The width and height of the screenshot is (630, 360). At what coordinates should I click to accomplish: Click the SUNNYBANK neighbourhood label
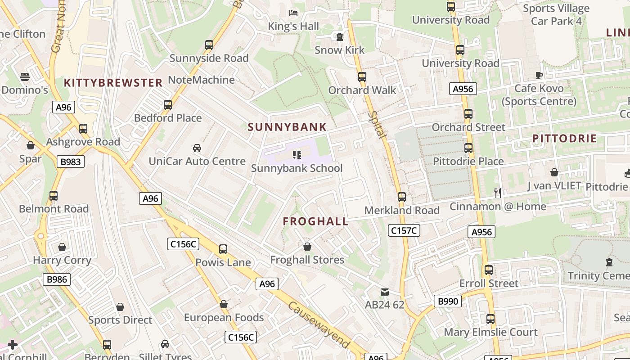[x=287, y=127]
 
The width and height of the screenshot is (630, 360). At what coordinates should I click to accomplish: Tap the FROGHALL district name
[x=315, y=221]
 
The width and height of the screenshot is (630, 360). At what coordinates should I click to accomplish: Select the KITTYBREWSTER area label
[x=113, y=83]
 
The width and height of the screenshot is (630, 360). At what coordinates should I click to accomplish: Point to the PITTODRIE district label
[x=564, y=139]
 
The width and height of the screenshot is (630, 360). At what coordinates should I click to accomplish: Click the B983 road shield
[x=71, y=162]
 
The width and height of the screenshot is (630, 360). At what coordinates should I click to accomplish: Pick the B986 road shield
[x=57, y=279]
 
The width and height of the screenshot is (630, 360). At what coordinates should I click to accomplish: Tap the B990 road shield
[x=448, y=301]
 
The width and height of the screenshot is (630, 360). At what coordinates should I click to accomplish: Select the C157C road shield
[x=404, y=231]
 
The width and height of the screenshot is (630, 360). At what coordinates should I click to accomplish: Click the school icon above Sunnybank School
[x=297, y=155]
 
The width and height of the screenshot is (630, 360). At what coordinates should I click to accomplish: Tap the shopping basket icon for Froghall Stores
[x=307, y=247]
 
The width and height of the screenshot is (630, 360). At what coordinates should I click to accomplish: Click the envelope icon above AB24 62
[x=385, y=292]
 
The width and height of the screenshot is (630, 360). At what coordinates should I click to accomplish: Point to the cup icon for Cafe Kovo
[x=539, y=75]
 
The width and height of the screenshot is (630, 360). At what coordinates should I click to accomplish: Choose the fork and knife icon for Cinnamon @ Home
[x=498, y=193]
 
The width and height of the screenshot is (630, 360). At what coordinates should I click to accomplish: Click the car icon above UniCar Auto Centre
[x=197, y=148]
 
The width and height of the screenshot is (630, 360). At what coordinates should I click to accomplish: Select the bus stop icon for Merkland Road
[x=402, y=197]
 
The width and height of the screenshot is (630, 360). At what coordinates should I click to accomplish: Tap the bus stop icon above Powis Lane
[x=223, y=249]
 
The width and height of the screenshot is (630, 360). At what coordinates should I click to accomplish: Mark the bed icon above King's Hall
[x=293, y=13]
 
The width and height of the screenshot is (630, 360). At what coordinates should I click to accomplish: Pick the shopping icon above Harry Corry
[x=62, y=247]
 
